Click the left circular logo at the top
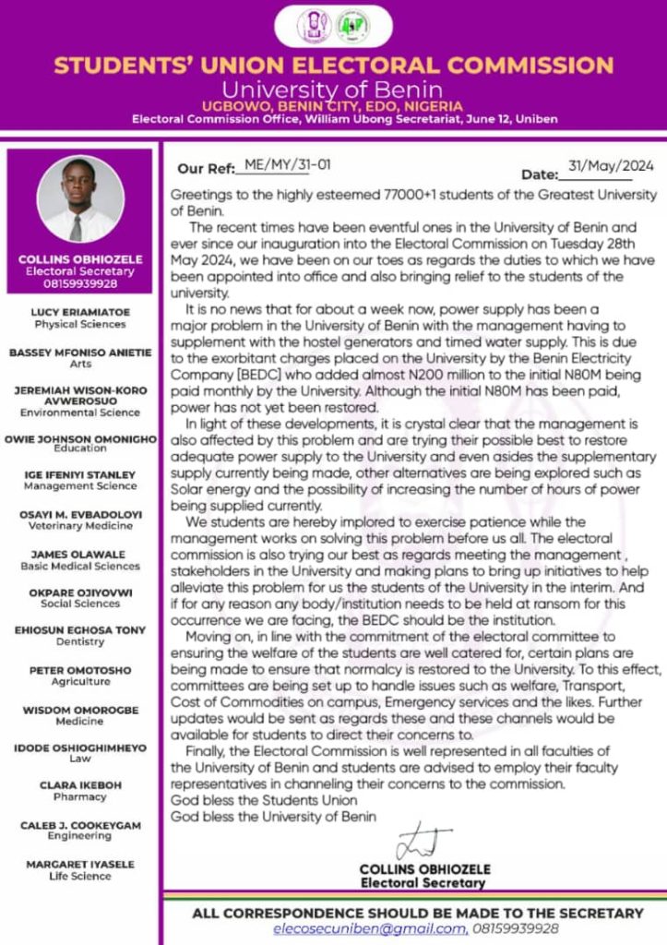(314, 25)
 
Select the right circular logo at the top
(350, 25)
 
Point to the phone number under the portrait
(80, 283)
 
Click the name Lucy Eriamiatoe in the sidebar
(80, 313)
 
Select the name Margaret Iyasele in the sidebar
(80, 864)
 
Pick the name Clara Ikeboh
(80, 784)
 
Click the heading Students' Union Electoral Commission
(333, 66)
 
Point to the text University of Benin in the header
(333, 90)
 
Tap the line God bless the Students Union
(264, 800)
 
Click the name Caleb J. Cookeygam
(80, 824)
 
